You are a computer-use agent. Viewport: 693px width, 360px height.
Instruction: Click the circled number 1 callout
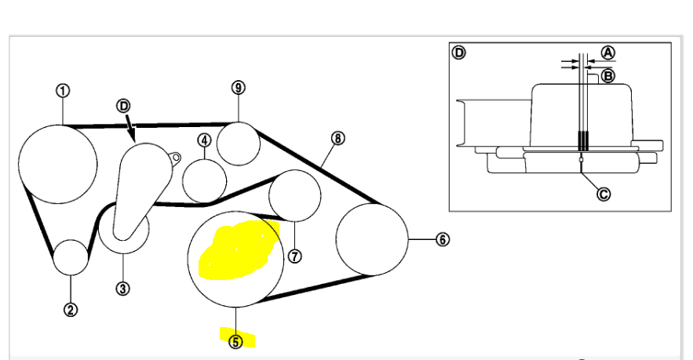(x=63, y=90)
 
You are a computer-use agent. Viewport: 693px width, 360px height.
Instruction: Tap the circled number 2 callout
(x=70, y=309)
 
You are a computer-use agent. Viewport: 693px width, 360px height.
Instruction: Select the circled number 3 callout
(x=122, y=288)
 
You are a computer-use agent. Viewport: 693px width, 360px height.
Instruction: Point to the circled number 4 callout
(x=204, y=140)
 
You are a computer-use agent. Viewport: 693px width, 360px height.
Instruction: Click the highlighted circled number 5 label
(x=236, y=341)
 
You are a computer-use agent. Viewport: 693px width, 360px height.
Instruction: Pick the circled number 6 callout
(x=443, y=239)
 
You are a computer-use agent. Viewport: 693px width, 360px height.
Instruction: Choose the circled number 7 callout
(x=295, y=256)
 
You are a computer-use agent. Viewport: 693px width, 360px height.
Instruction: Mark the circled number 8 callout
(x=337, y=138)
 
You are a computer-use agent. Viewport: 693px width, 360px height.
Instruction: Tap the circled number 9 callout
(x=239, y=87)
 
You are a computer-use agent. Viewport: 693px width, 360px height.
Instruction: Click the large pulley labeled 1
(x=58, y=163)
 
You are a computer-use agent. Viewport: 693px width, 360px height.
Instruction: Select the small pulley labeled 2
(x=71, y=257)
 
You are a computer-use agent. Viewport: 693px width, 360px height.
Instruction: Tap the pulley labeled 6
(x=372, y=239)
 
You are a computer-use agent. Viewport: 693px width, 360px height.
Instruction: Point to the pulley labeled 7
(x=294, y=195)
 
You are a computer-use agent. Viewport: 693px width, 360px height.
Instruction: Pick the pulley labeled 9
(x=238, y=143)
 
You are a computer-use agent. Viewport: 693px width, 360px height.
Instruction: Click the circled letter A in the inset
(x=607, y=53)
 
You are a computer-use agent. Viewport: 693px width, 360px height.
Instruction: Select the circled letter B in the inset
(x=607, y=76)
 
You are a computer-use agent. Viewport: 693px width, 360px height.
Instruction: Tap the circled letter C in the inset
(x=603, y=194)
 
